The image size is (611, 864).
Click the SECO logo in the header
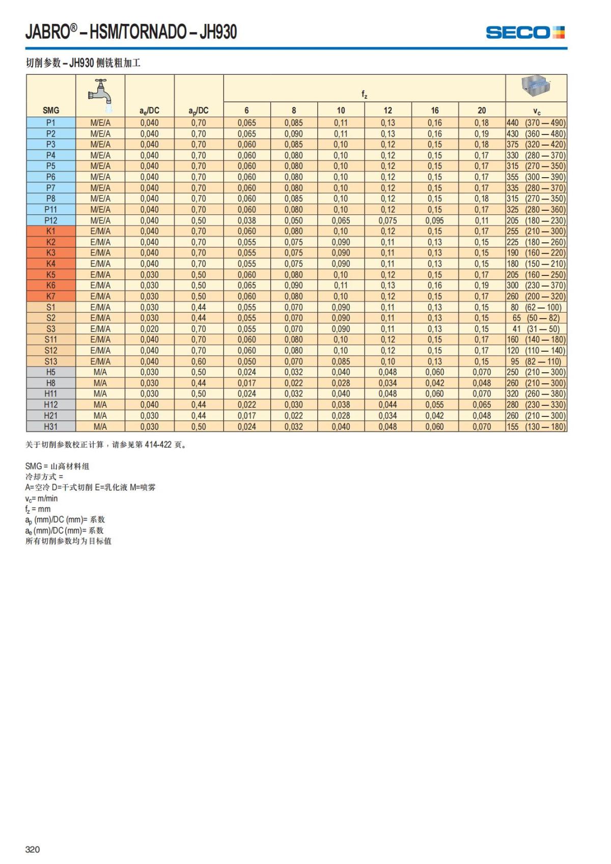(525, 33)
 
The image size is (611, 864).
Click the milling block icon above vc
(536, 87)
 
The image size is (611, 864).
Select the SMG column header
(51, 110)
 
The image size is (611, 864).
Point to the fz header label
(364, 94)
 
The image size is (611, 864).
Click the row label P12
(51, 220)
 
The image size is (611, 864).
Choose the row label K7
(51, 296)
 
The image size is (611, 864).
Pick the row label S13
(51, 361)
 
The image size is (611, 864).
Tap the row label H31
(51, 427)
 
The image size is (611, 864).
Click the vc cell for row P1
(536, 123)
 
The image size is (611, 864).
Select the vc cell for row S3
(536, 329)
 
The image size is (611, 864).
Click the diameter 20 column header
(482, 110)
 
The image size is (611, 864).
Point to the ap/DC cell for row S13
(199, 361)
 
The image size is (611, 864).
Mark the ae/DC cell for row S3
(149, 329)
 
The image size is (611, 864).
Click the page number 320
(33, 849)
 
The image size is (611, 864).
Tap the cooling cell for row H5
(100, 372)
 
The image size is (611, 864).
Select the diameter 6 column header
(246, 110)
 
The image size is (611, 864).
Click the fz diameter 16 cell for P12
(434, 220)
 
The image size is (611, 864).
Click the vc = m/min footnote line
(42, 498)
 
